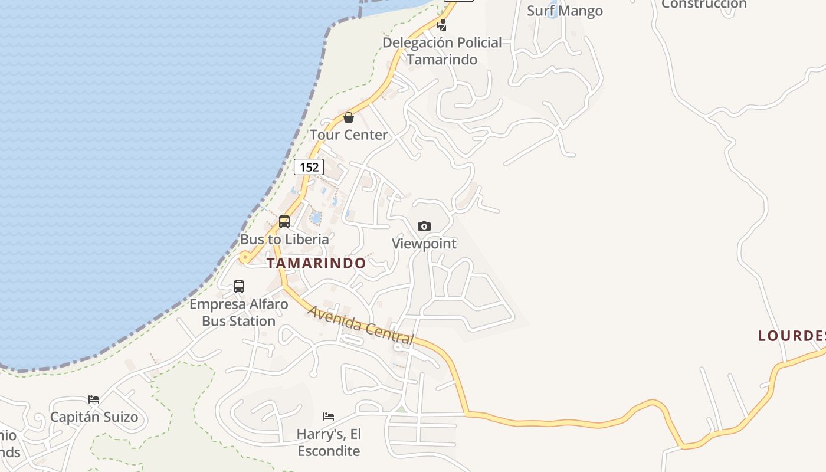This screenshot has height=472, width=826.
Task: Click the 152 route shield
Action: pos(309,167)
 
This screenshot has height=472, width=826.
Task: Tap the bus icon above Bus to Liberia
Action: pos(284,222)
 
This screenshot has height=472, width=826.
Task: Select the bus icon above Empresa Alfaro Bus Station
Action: pos(239,287)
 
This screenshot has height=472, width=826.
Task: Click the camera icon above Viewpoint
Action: pos(424,226)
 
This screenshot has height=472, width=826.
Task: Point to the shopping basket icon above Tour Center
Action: pos(349,117)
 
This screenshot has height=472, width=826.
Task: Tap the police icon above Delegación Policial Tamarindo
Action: pos(441,25)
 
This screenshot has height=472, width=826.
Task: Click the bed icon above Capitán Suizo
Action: pos(94,399)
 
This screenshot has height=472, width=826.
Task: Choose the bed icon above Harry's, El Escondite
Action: pos(329,417)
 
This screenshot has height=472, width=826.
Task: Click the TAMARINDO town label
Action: pos(316,263)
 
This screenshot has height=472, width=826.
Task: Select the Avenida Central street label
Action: pos(360,324)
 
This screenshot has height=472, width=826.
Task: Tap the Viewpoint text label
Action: pos(424,243)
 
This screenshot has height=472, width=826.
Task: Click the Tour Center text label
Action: pos(349,135)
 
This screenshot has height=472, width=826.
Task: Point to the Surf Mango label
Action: pos(565,11)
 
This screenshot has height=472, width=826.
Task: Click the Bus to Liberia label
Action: pos(284,239)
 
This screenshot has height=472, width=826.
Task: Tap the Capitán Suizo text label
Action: pos(94,417)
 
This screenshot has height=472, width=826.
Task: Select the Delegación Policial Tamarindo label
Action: pos(442,51)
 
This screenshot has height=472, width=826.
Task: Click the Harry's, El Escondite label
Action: pos(329,442)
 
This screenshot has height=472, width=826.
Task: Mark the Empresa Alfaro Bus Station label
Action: pos(239,313)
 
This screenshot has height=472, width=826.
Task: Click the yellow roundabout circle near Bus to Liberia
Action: pos(244,257)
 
